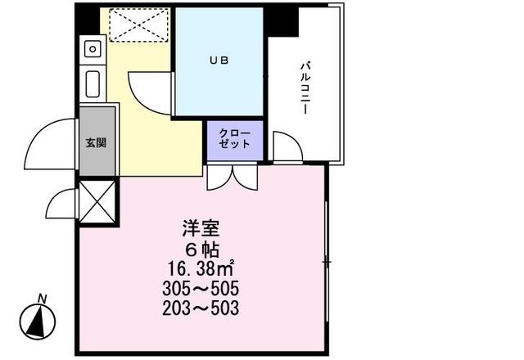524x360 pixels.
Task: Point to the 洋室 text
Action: click(x=201, y=229)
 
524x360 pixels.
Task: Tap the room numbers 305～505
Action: click(x=201, y=290)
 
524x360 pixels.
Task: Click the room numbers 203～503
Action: click(x=201, y=309)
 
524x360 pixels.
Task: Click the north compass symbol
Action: click(x=36, y=321)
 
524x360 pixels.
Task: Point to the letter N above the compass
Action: click(x=42, y=298)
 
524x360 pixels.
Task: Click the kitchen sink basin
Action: click(x=92, y=83)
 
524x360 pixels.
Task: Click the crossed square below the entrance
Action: click(x=97, y=201)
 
